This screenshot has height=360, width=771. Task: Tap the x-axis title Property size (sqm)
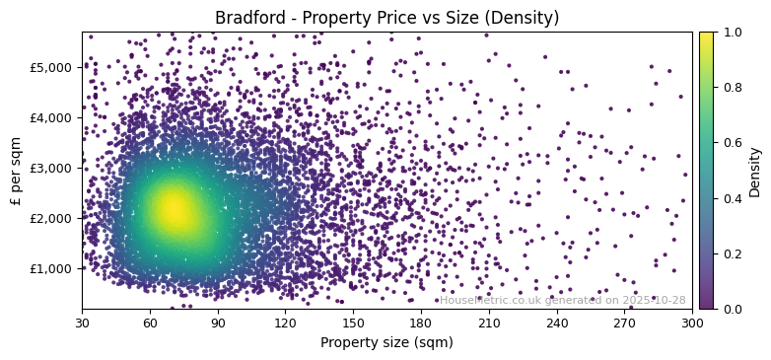coord(386,343)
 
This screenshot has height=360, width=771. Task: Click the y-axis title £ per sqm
coord(16,171)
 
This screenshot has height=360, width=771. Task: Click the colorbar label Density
coord(755,171)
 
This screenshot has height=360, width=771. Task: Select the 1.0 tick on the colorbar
coord(734,32)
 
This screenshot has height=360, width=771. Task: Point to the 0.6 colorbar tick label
coord(734,143)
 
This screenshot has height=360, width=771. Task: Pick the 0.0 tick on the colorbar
coord(734,309)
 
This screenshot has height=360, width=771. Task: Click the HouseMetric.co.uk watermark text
coord(562,300)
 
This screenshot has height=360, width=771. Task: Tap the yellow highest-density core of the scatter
coord(175,208)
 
